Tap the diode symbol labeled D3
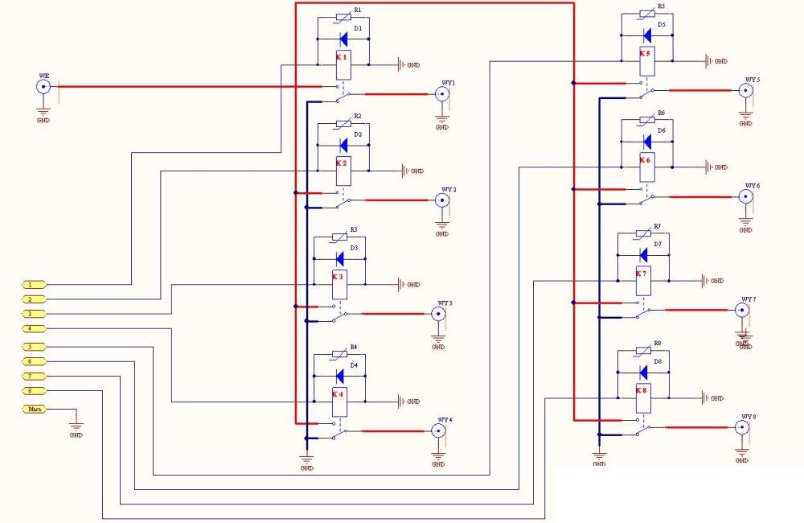click(x=339, y=258)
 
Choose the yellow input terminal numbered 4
click(x=33, y=329)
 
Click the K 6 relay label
click(x=645, y=160)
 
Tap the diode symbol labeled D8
click(x=643, y=372)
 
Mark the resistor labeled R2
click(x=343, y=124)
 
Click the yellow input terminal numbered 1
click(x=33, y=284)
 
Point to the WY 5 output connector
click(x=746, y=91)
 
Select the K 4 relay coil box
click(x=339, y=401)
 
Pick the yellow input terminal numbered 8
click(x=33, y=391)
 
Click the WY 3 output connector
click(x=438, y=315)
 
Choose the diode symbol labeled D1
click(x=343, y=37)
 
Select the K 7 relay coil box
click(x=642, y=279)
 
